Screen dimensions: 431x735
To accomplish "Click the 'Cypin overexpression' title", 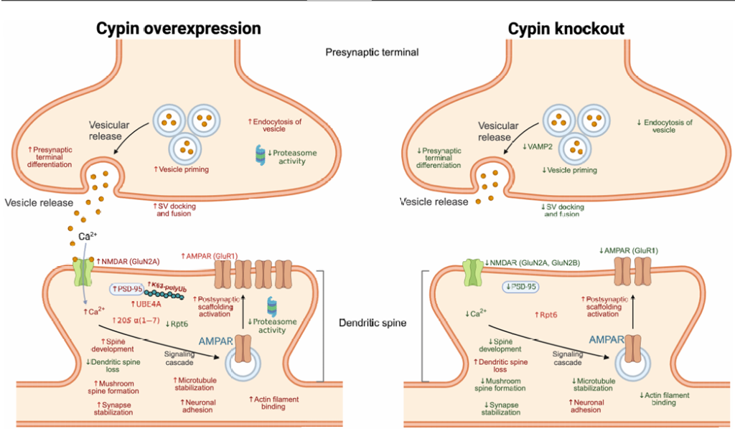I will pos(179,28).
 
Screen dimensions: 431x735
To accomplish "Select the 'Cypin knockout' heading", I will pos(566,28).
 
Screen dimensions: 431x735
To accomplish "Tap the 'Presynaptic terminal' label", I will pos(371,52).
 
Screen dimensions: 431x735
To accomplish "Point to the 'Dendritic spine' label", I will pos(373,323).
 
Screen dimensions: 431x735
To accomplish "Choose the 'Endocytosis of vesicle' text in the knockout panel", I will pos(665,126).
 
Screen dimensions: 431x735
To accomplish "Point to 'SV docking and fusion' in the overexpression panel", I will pos(175,209).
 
